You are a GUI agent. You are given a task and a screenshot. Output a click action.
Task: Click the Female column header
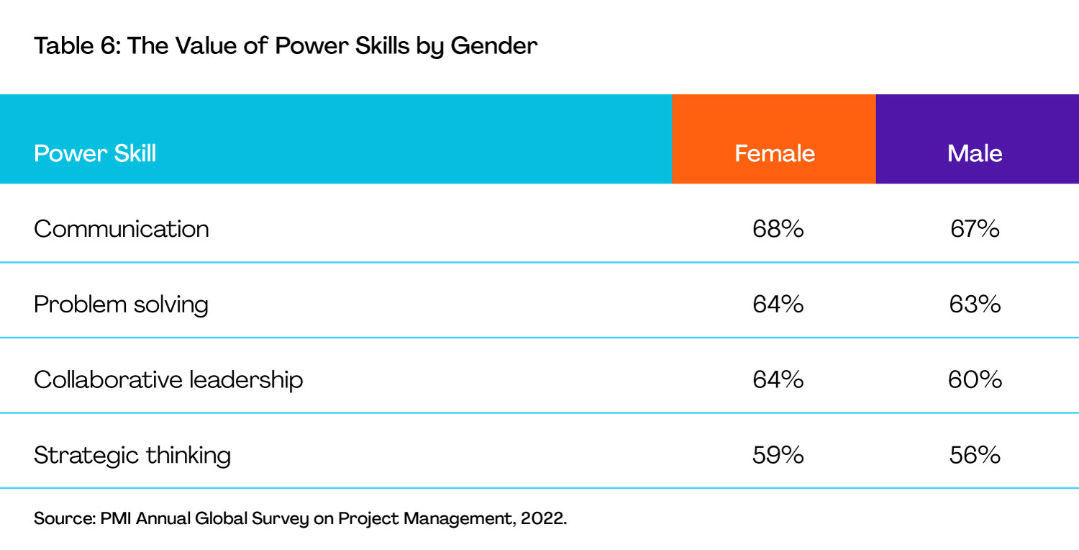[775, 154]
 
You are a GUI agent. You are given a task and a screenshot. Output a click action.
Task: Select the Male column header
[975, 154]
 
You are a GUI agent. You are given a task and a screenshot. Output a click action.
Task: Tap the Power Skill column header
[95, 154]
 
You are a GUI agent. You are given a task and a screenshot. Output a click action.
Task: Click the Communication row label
[122, 228]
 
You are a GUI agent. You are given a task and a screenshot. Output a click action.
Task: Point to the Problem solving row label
[121, 305]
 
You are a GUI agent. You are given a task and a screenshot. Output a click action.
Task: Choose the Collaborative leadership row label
[168, 380]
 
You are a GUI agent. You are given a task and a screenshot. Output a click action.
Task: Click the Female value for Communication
[778, 229]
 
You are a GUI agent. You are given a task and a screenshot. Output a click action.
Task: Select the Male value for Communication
[975, 229]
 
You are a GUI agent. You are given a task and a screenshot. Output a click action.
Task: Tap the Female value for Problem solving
[778, 305]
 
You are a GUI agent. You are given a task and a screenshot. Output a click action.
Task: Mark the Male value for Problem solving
[975, 305]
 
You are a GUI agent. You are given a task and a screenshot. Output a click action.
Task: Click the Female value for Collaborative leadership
[778, 380]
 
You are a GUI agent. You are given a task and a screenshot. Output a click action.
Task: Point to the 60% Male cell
[975, 380]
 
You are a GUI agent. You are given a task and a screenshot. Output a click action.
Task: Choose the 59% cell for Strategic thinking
[778, 455]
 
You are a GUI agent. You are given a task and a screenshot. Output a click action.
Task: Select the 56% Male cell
[975, 455]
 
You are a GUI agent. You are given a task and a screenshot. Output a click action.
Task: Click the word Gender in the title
[493, 46]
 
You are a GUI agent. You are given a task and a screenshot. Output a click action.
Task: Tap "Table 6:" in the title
[77, 46]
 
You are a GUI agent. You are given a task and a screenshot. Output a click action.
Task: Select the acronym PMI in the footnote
[116, 518]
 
